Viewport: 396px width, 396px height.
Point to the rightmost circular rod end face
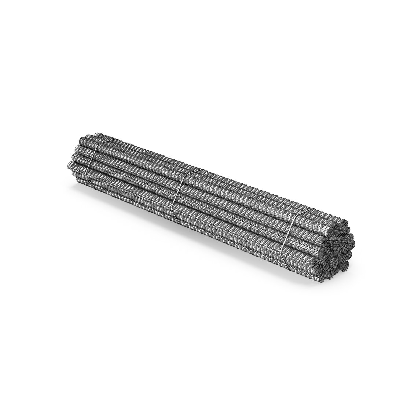point(350,242)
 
